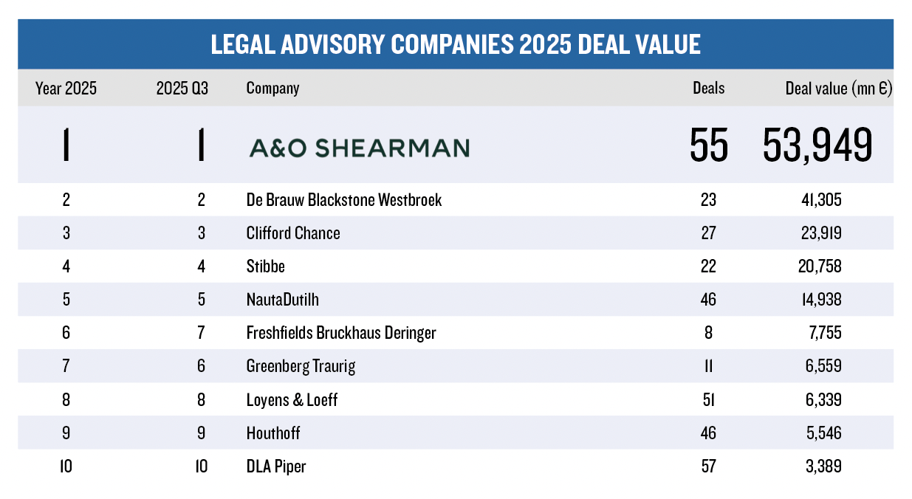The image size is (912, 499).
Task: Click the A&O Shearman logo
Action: [x=359, y=148]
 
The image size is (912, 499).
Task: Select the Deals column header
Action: [x=708, y=89]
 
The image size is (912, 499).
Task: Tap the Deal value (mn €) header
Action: [x=838, y=89]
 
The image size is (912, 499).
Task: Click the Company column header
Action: [x=272, y=89]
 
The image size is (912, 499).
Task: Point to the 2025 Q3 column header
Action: [x=182, y=89]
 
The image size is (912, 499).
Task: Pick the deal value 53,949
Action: [x=817, y=145]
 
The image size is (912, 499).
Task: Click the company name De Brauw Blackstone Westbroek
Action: [x=343, y=200]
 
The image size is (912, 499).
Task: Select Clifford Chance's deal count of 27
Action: [x=708, y=233]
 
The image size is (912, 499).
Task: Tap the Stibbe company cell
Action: [x=265, y=266]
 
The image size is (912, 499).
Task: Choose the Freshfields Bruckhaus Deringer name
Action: [x=340, y=333]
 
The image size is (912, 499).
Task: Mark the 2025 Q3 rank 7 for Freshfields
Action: [x=201, y=333]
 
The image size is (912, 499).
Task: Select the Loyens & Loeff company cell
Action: [x=292, y=400]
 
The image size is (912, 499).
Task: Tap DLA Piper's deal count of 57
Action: [x=708, y=467]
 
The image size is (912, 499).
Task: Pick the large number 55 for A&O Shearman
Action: [x=709, y=145]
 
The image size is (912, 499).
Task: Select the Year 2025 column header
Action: [x=66, y=89]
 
